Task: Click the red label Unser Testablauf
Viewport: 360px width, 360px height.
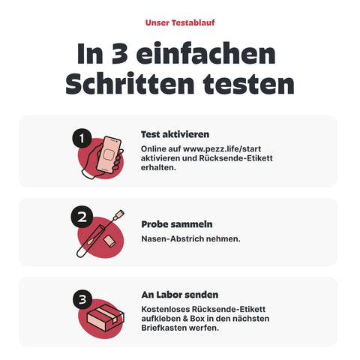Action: (x=179, y=22)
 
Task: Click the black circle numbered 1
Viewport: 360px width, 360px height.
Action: (x=82, y=139)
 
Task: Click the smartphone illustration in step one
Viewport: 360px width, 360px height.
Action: (x=109, y=157)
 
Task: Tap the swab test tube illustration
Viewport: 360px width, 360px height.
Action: (x=96, y=234)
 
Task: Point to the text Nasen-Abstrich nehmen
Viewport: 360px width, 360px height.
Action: (x=190, y=238)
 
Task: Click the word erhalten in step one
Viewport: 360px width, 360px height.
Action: (x=156, y=168)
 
